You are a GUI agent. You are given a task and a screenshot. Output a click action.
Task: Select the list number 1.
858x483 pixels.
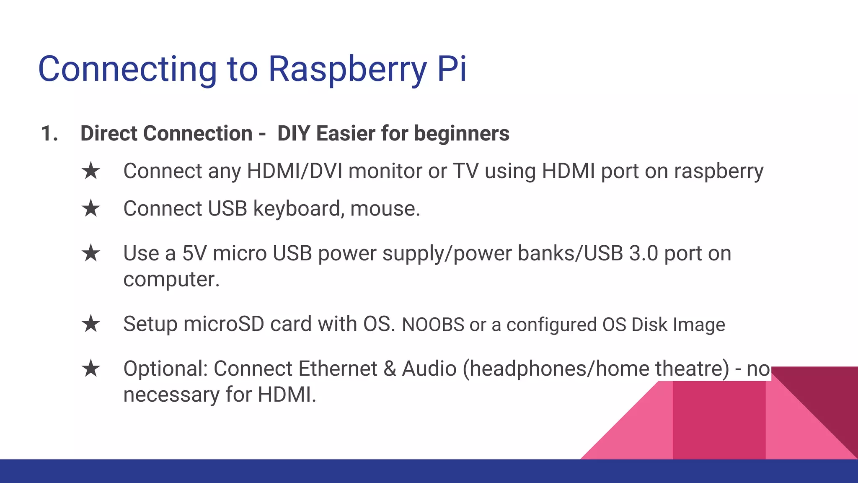[49, 134]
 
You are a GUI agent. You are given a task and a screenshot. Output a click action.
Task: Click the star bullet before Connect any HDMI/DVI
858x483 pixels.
[91, 171]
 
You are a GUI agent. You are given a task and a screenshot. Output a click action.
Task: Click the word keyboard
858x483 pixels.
[298, 209]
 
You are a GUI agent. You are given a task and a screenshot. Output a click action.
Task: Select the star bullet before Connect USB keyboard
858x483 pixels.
[91, 208]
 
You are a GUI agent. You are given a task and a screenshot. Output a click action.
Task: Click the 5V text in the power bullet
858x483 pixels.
[194, 253]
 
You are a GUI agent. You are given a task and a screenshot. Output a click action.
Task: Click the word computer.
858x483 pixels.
[171, 280]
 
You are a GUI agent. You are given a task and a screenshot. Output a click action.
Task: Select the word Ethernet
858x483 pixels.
[338, 369]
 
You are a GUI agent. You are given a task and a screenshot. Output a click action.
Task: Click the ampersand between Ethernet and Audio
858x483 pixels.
[390, 369]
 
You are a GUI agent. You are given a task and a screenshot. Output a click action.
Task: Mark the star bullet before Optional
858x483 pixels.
[91, 369]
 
